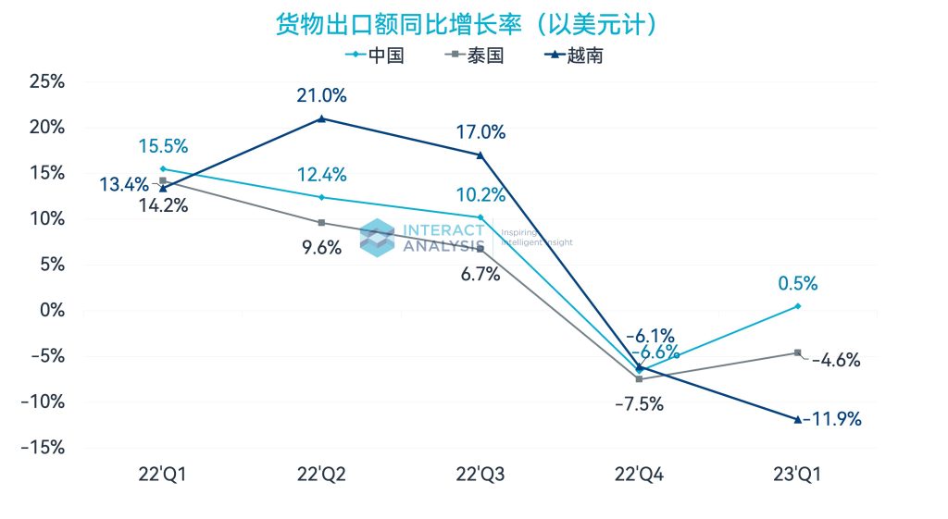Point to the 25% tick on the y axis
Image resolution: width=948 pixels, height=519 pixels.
coord(45,81)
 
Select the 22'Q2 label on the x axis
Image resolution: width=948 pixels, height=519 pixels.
coord(321,475)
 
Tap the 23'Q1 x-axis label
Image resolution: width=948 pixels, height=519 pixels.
coord(797,475)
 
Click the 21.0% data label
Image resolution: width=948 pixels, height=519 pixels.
coord(321,95)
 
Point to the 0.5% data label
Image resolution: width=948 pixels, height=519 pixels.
coord(797,283)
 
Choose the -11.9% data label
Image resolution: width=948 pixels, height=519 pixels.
coord(833,419)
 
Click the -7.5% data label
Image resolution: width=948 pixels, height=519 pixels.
coord(639,403)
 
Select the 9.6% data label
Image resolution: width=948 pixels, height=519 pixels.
coord(321,247)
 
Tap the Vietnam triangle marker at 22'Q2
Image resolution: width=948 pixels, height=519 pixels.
coord(321,118)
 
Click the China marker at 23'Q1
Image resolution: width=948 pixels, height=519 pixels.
coord(797,306)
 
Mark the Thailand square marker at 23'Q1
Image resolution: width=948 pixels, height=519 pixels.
coord(797,352)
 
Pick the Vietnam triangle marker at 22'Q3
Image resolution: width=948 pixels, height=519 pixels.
coord(480,154)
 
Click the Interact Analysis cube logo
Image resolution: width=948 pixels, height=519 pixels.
coord(377,237)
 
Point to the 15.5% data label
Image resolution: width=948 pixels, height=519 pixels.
coord(163,145)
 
